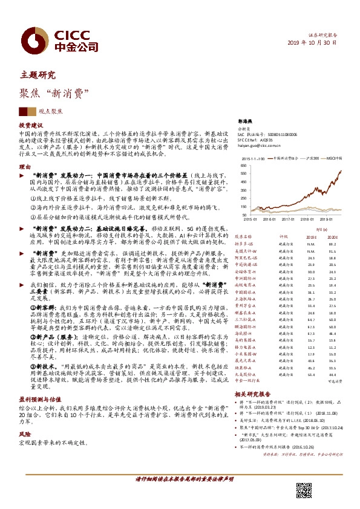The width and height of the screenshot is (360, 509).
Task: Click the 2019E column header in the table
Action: coord(312,237)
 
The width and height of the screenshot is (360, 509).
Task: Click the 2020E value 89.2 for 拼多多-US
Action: coord(332,243)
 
